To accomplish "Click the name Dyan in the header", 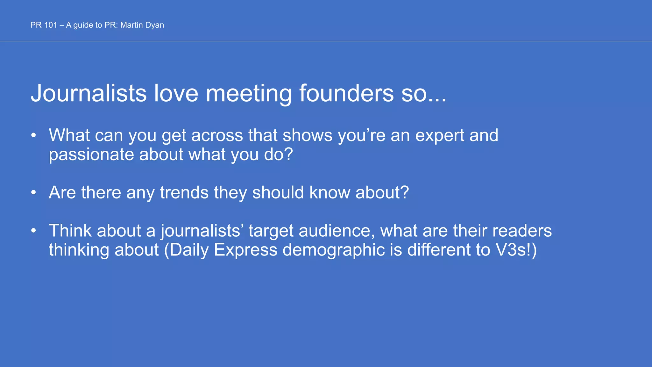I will click(154, 25).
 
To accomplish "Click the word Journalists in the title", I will click(89, 93).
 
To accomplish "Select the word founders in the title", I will click(346, 93).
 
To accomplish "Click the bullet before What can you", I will click(34, 136).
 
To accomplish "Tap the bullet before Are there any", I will click(34, 193).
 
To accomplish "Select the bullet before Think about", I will click(34, 231).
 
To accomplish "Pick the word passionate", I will click(91, 155).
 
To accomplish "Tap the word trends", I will click(184, 193).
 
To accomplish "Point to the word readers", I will click(522, 231).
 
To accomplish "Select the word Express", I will click(245, 250).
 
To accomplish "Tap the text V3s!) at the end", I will click(516, 250).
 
